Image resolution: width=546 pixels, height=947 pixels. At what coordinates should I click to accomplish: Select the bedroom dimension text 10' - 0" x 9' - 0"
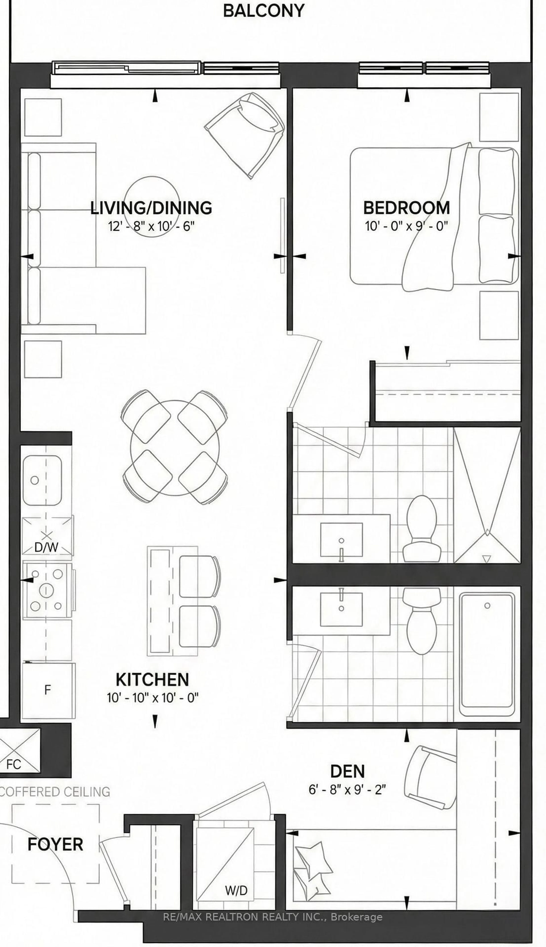406,226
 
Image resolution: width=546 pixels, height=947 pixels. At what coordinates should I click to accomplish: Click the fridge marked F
48,690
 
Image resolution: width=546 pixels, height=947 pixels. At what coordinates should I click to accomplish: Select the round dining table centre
175,447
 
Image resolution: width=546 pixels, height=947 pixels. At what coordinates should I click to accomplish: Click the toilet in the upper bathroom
421,529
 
